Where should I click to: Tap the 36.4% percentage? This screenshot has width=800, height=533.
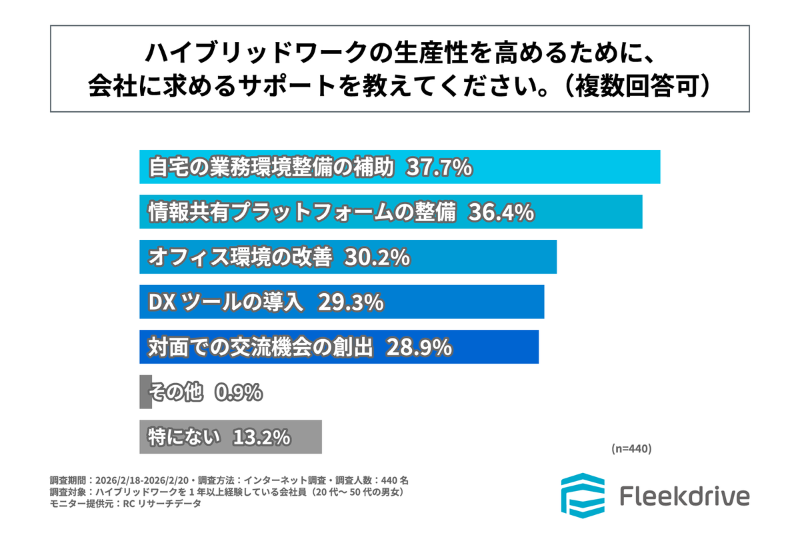501,213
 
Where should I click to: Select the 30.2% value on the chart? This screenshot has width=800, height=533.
376,258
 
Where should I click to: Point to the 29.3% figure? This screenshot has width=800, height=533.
351,302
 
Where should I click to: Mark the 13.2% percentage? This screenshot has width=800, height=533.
261,438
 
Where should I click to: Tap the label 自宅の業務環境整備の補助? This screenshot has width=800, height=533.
272,168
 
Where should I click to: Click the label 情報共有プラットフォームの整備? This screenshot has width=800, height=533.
301,213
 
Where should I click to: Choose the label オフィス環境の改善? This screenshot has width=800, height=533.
239,258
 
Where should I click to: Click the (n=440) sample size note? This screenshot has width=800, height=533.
631,448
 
